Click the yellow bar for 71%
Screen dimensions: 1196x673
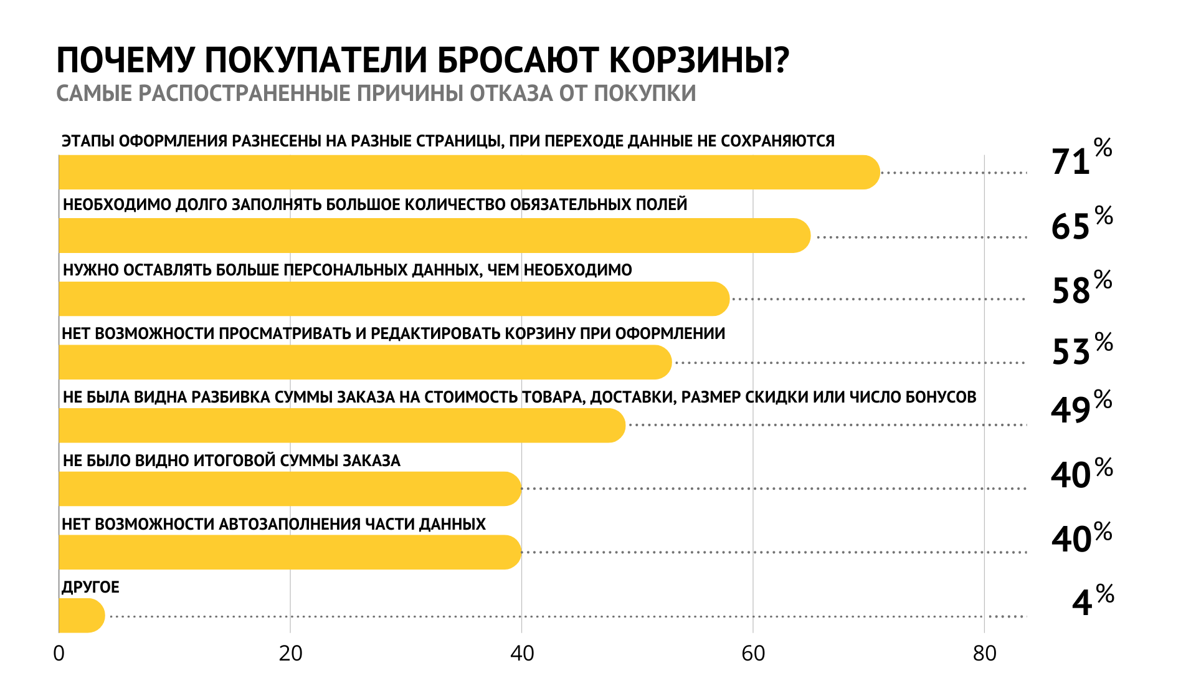tap(470, 172)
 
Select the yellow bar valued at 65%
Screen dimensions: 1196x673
tap(435, 236)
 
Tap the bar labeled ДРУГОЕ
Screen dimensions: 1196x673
tap(82, 616)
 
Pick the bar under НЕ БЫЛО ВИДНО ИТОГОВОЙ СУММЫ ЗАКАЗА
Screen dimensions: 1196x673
tap(290, 489)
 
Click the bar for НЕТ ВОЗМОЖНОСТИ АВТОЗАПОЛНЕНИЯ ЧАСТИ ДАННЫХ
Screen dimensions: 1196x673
tap(290, 552)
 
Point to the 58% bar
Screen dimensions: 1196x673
tap(394, 299)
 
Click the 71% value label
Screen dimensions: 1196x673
tap(1082, 158)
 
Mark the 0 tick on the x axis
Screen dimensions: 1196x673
tap(59, 654)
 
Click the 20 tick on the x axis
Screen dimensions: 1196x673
tap(290, 654)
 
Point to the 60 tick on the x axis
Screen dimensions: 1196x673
tap(753, 654)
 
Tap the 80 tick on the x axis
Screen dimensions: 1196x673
tap(985, 654)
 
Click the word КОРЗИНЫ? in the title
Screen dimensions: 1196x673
tap(699, 60)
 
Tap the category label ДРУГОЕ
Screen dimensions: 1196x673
tap(90, 587)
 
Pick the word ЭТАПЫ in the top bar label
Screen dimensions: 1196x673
tap(88, 141)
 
